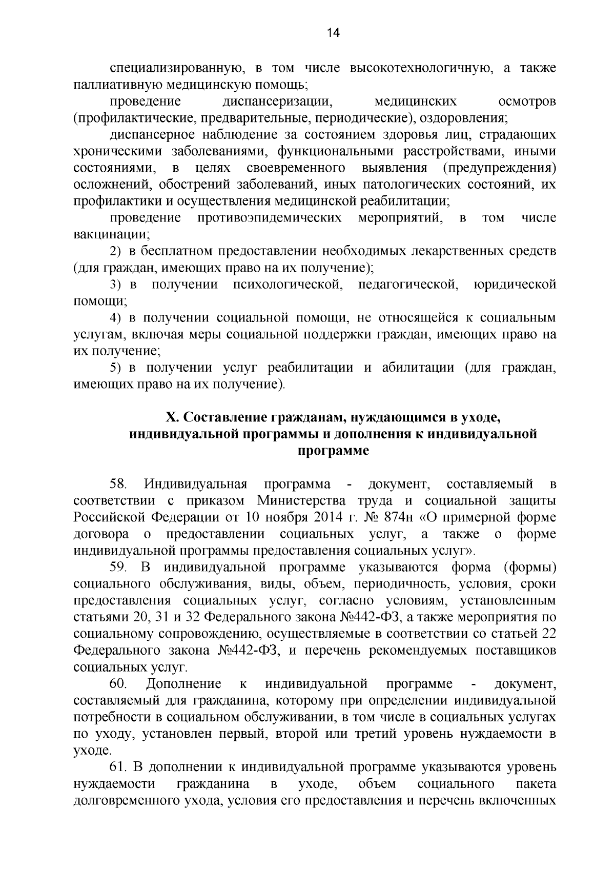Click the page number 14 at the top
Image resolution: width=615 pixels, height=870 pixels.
click(333, 33)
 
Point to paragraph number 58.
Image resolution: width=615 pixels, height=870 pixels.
click(118, 484)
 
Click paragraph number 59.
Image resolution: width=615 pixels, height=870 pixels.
click(118, 568)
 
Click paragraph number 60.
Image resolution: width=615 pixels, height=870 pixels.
click(118, 684)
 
